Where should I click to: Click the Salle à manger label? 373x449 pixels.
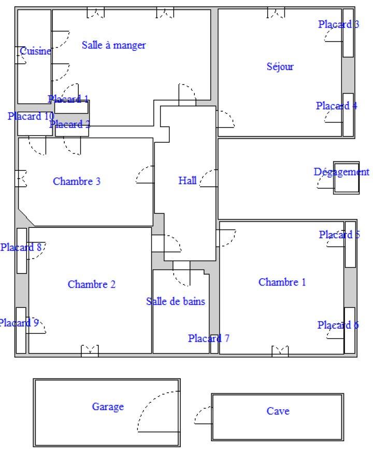(x=114, y=45)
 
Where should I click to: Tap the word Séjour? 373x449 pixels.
(x=280, y=66)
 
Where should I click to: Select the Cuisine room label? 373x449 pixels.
(x=35, y=51)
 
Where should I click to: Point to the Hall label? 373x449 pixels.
(x=188, y=181)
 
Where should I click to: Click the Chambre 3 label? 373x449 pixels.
(x=77, y=181)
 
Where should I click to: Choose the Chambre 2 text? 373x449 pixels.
(x=92, y=284)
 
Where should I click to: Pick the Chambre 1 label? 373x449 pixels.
(x=282, y=282)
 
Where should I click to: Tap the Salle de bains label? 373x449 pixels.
(x=176, y=301)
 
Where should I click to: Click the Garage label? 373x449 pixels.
(x=108, y=406)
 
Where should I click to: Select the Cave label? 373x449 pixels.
(x=278, y=411)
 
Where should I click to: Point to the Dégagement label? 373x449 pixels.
(x=341, y=172)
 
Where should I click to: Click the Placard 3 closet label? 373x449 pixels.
(x=339, y=24)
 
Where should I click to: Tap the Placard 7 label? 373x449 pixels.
(x=209, y=338)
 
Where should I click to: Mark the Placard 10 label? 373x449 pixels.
(x=31, y=116)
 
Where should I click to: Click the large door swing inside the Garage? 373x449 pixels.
(x=159, y=412)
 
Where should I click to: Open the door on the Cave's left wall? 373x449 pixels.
(x=203, y=415)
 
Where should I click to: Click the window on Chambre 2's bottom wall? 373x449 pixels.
(x=90, y=351)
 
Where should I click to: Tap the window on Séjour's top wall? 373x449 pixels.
(x=276, y=12)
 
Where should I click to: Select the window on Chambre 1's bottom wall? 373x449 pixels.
(x=280, y=351)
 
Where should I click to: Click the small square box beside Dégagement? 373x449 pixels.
(x=346, y=178)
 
